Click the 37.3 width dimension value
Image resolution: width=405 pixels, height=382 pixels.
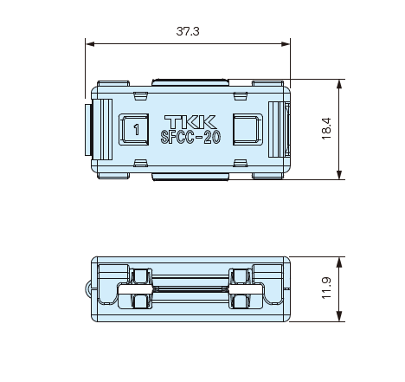pos(188,31)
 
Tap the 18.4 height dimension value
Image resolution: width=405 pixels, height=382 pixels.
pos(326,129)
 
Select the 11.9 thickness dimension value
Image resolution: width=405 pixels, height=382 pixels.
pos(326,288)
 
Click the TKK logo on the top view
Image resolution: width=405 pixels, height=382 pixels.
pos(190,121)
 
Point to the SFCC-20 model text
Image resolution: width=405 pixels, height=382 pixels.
pos(190,137)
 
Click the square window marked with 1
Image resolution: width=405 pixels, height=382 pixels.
pos(134,129)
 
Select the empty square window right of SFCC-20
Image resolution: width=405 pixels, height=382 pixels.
pos(247,129)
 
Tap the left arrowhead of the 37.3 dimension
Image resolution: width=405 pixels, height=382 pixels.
pos(90,44)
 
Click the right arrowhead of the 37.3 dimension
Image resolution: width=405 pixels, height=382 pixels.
pos(286,44)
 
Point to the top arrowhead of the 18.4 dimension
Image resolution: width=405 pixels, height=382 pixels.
pos(339,84)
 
